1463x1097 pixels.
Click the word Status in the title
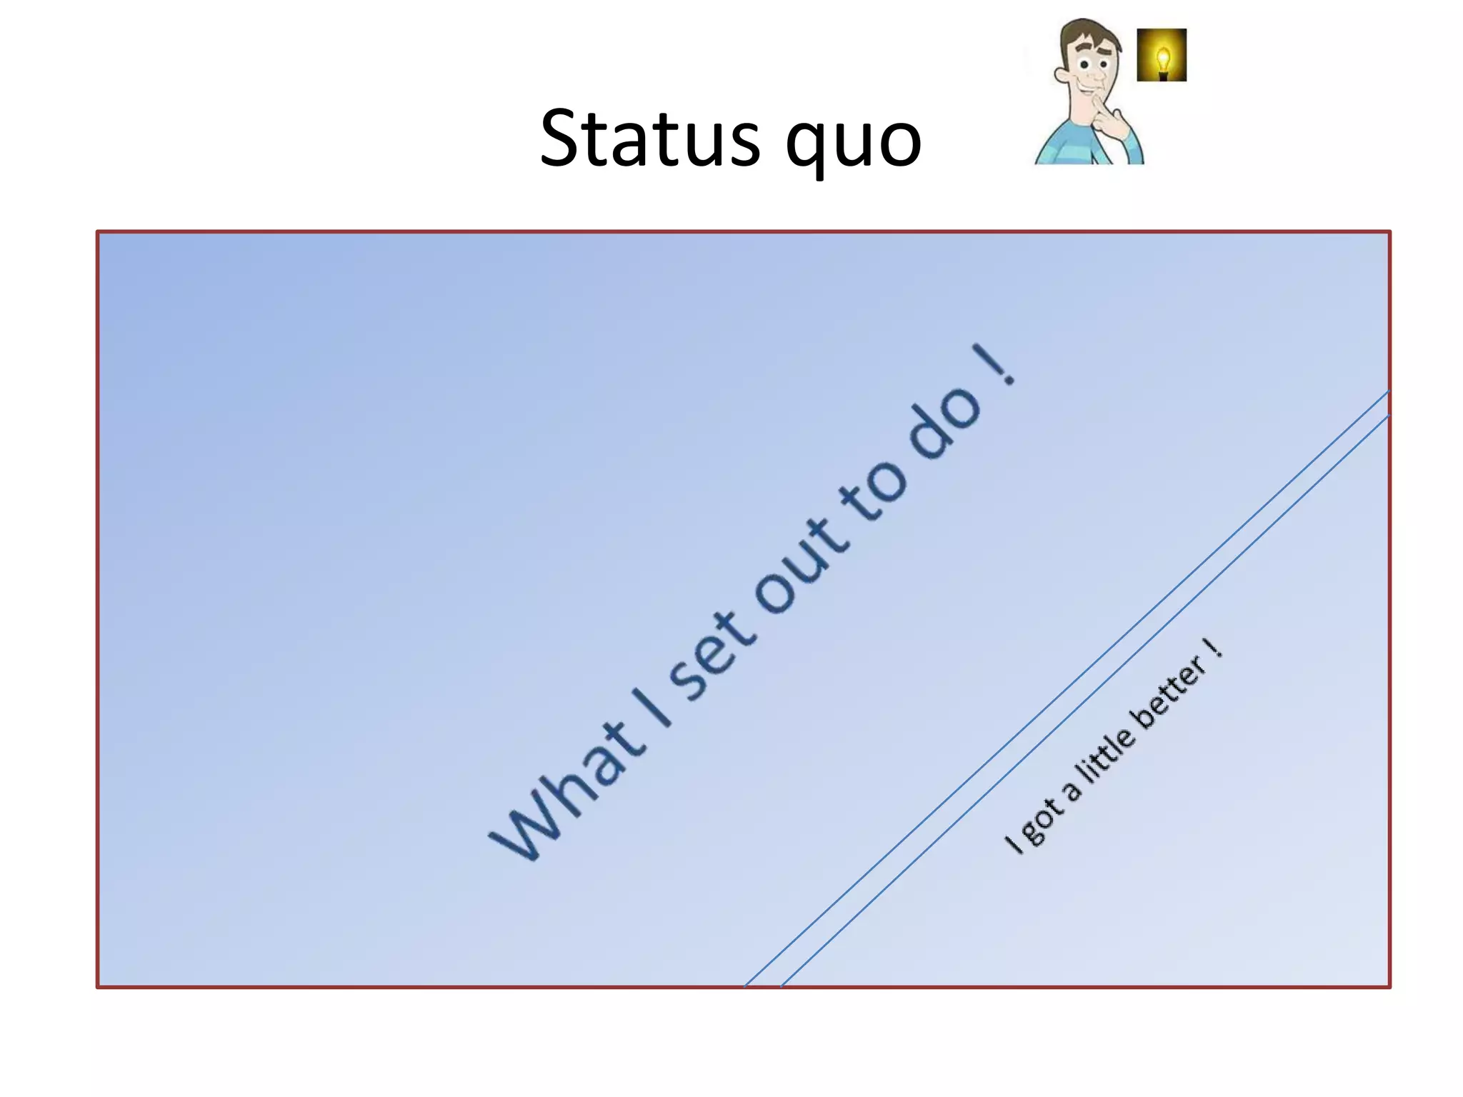click(x=650, y=139)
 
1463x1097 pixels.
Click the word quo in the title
click(x=854, y=143)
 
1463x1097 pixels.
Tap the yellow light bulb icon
click(x=1162, y=55)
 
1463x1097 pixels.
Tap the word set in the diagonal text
click(x=711, y=653)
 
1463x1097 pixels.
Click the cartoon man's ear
click(x=1059, y=74)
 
